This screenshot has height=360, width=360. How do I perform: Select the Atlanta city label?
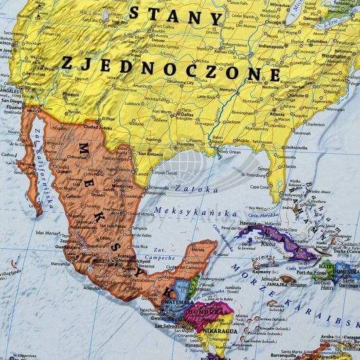[x=277, y=114]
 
